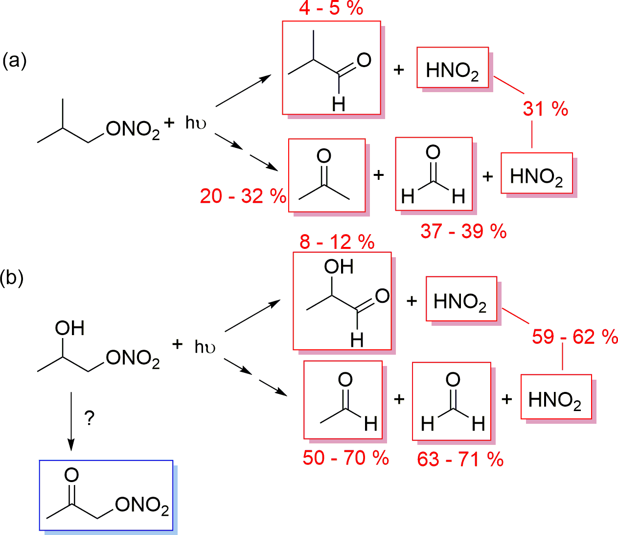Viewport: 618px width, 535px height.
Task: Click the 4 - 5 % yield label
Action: [x=331, y=8]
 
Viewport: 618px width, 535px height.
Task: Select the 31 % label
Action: [x=545, y=108]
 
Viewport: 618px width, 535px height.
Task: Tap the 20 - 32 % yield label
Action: [x=243, y=196]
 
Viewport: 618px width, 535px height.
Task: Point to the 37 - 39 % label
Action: [x=463, y=231]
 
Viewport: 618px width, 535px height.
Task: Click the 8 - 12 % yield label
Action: [x=337, y=242]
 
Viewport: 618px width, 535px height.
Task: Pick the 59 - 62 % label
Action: [x=575, y=337]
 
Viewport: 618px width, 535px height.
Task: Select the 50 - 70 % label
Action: [x=345, y=458]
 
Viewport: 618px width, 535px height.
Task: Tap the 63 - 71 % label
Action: [x=460, y=460]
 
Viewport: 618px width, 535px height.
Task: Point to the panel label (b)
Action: [x=12, y=278]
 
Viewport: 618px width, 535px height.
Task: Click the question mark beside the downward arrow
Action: [x=89, y=418]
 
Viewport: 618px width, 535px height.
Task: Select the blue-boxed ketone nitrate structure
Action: [x=106, y=495]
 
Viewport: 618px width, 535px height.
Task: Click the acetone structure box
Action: [x=327, y=175]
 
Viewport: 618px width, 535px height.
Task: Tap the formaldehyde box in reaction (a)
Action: [x=434, y=174]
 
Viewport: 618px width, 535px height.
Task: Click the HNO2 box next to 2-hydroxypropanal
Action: [x=461, y=299]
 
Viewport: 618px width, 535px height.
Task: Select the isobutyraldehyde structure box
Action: [x=331, y=68]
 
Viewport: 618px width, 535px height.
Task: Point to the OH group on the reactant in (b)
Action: [x=70, y=329]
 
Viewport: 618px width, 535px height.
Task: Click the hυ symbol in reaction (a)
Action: [x=195, y=122]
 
